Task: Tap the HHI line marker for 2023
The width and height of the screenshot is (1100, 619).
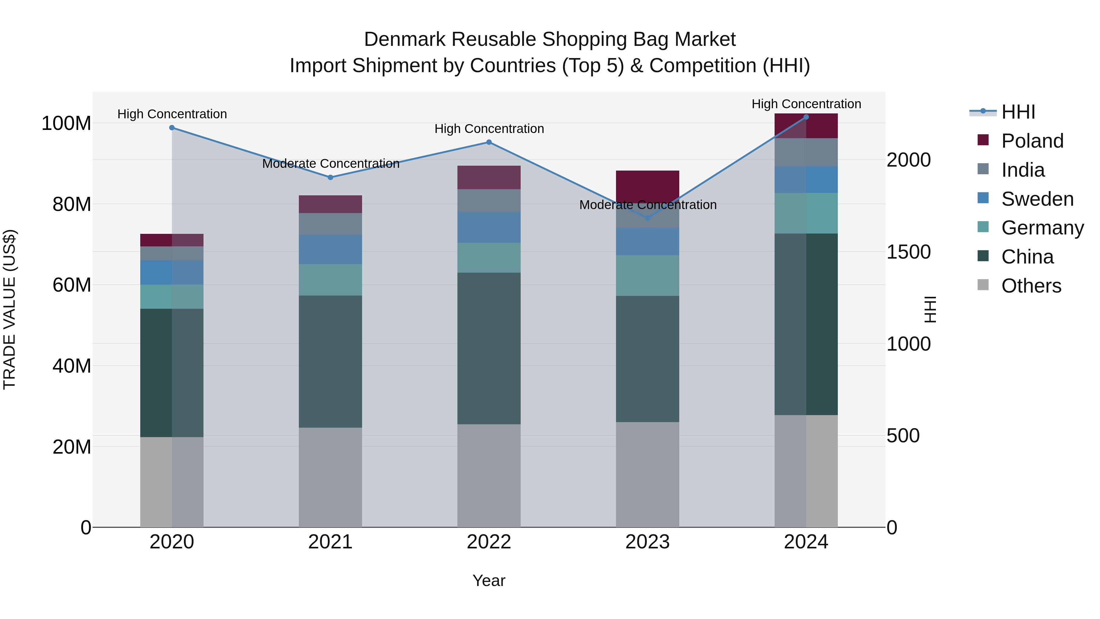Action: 647,218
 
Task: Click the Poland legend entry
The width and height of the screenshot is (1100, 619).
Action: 1032,141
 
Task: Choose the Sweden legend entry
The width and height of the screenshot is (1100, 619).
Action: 1037,199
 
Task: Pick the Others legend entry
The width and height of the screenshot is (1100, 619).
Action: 1031,286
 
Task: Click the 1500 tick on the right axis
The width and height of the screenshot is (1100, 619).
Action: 908,252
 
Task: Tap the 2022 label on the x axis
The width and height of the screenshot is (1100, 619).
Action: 489,542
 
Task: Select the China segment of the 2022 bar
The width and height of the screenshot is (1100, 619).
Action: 489,348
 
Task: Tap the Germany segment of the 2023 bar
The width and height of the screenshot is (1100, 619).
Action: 647,275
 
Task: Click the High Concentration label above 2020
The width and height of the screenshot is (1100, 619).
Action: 172,114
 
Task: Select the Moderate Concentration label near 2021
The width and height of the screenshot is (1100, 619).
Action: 331,164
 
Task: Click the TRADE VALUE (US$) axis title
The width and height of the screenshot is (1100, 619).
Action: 9,309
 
